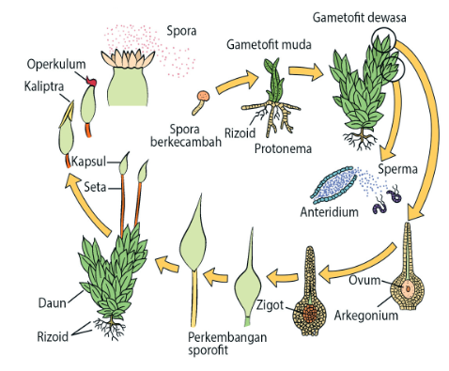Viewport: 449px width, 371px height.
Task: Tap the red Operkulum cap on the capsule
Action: (92, 84)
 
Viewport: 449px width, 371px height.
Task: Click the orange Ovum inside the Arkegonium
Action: (409, 287)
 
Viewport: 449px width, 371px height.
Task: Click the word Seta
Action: (94, 187)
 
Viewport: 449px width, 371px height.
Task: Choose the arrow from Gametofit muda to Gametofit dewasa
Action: (302, 71)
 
